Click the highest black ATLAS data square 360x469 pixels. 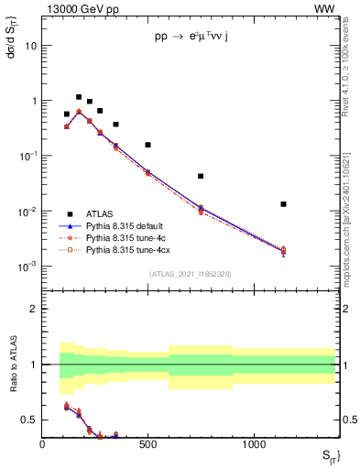tap(79, 97)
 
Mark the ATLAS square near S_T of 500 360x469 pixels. tap(147, 145)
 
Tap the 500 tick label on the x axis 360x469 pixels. tap(147, 444)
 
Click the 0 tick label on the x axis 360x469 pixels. tap(42, 444)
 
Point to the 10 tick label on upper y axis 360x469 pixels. tap(31, 45)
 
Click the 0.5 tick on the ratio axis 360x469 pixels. tap(29, 420)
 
